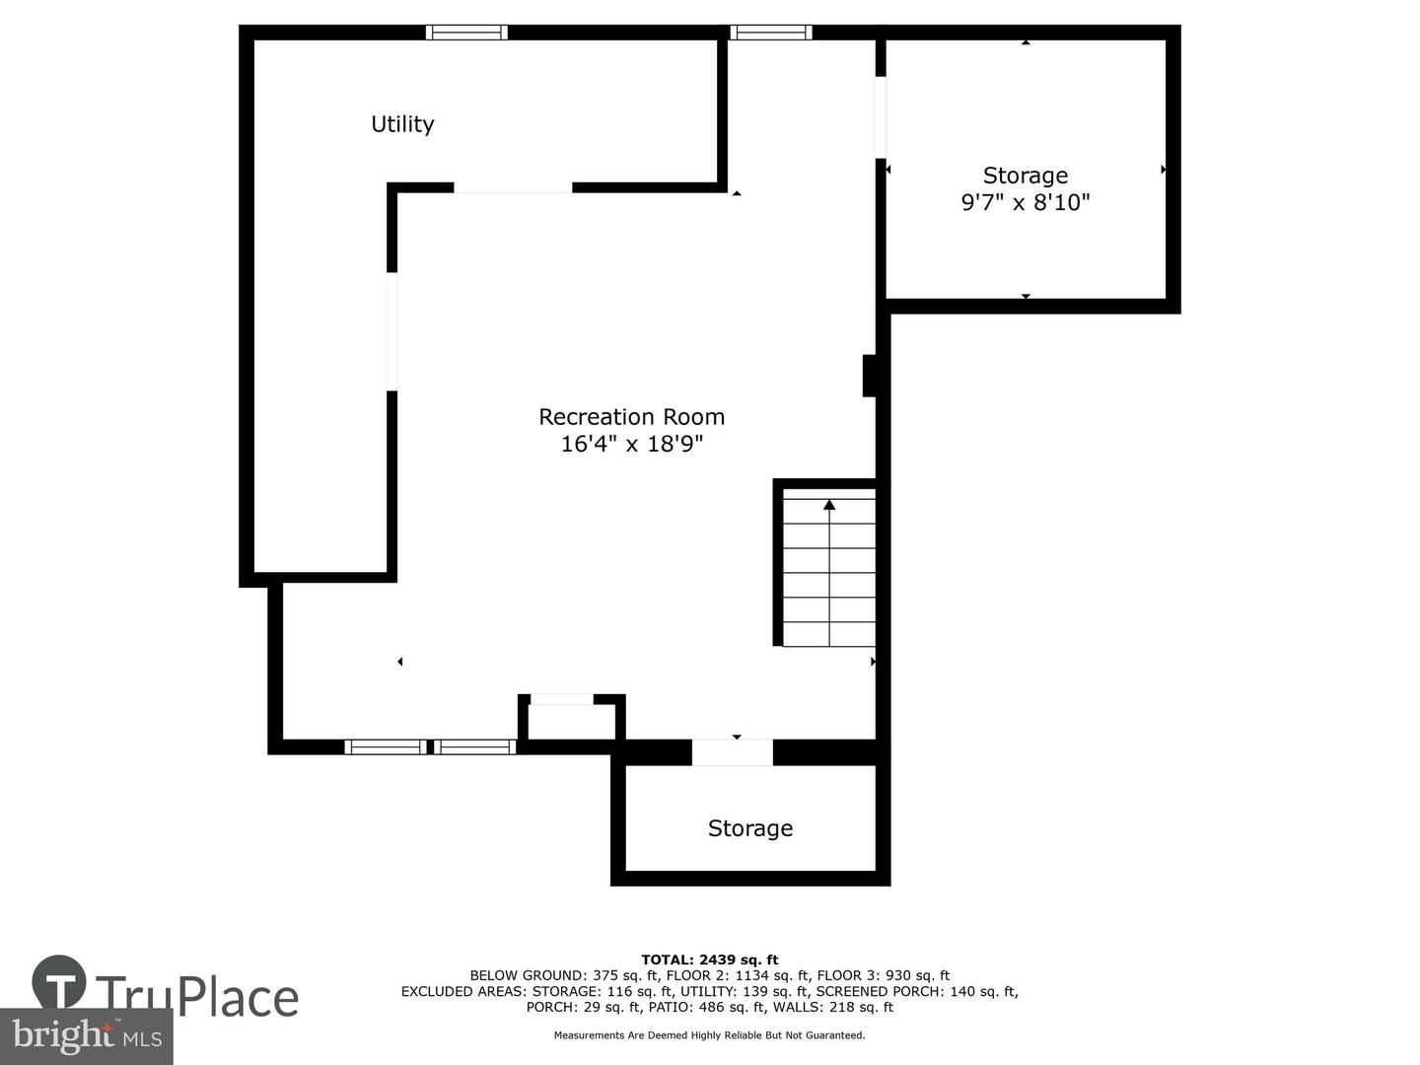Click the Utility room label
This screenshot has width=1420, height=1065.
pyautogui.click(x=402, y=124)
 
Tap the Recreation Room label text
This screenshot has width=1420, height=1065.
pyautogui.click(x=631, y=417)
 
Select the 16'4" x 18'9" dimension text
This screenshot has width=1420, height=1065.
pyautogui.click(x=631, y=445)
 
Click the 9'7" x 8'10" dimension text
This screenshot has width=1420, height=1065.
pyautogui.click(x=1026, y=203)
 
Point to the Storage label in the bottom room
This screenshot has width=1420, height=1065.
pyautogui.click(x=749, y=828)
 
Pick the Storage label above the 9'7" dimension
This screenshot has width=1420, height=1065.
pyautogui.click(x=1026, y=176)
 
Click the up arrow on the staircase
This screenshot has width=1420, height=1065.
pyautogui.click(x=829, y=506)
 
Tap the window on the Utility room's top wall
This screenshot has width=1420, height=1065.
pyautogui.click(x=466, y=33)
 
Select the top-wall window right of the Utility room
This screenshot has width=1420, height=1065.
pyautogui.click(x=771, y=33)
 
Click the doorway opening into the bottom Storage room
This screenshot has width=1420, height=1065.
pyautogui.click(x=732, y=752)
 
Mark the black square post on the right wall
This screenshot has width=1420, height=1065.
pyautogui.click(x=870, y=376)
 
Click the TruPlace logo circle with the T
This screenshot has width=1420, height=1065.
pyautogui.click(x=59, y=982)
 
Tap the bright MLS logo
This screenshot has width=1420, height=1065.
pyautogui.click(x=87, y=1035)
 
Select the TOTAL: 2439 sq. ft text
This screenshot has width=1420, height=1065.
pyautogui.click(x=709, y=959)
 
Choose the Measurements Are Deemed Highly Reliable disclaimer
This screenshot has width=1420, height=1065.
pyautogui.click(x=709, y=1035)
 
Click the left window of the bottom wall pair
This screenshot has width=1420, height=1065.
pyautogui.click(x=386, y=746)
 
